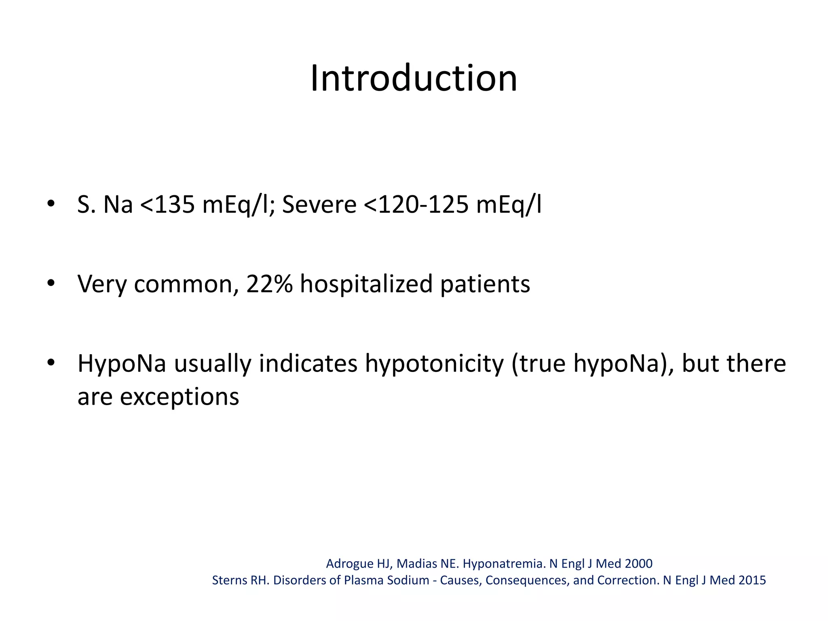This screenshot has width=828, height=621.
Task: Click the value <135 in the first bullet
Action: (167, 205)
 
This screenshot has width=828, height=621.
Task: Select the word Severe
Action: (319, 205)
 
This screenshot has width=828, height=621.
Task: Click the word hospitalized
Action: (366, 285)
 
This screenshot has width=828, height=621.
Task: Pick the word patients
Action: (485, 285)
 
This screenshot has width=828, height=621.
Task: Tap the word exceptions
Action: (180, 397)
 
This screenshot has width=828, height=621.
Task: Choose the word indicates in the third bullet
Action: (308, 363)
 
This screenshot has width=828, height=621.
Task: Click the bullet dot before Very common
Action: (50, 283)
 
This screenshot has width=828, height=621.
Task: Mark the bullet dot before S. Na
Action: (50, 204)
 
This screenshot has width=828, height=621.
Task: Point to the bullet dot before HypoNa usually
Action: (50, 363)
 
